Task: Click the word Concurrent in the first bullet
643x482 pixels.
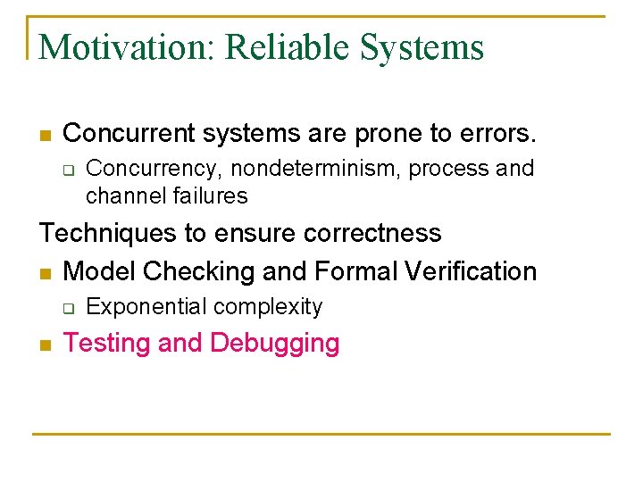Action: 129,133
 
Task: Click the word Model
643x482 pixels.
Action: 100,270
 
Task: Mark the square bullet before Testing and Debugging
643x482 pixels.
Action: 45,345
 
